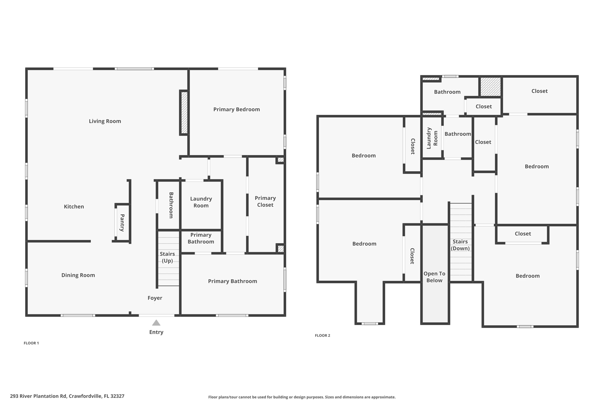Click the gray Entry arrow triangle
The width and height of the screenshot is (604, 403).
[x=156, y=323]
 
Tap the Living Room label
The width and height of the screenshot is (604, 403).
[x=105, y=121]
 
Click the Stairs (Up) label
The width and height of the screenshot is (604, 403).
[x=167, y=257]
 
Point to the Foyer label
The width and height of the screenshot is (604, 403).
[x=155, y=298]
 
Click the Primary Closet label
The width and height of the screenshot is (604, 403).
[x=265, y=201]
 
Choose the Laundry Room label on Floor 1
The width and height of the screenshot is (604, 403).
[x=201, y=202]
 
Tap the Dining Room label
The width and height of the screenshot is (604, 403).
[x=78, y=275]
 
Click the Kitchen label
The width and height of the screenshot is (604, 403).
[x=74, y=207]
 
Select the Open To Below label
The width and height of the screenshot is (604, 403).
[x=434, y=277]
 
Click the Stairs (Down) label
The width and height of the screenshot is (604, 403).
[x=460, y=245]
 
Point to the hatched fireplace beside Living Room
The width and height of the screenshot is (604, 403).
[x=184, y=112]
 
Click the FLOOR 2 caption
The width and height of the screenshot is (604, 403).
[x=322, y=335]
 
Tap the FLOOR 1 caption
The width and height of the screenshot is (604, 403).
[x=31, y=343]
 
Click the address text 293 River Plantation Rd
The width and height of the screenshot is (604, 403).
[x=67, y=396]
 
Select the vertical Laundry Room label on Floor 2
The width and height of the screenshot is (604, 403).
[x=432, y=138]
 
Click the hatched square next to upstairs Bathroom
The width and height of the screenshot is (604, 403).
[x=490, y=87]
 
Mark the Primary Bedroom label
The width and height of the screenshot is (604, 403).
[x=237, y=110]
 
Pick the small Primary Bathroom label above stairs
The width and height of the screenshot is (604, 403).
[x=201, y=238]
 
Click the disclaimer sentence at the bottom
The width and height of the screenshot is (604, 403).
[x=302, y=397]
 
